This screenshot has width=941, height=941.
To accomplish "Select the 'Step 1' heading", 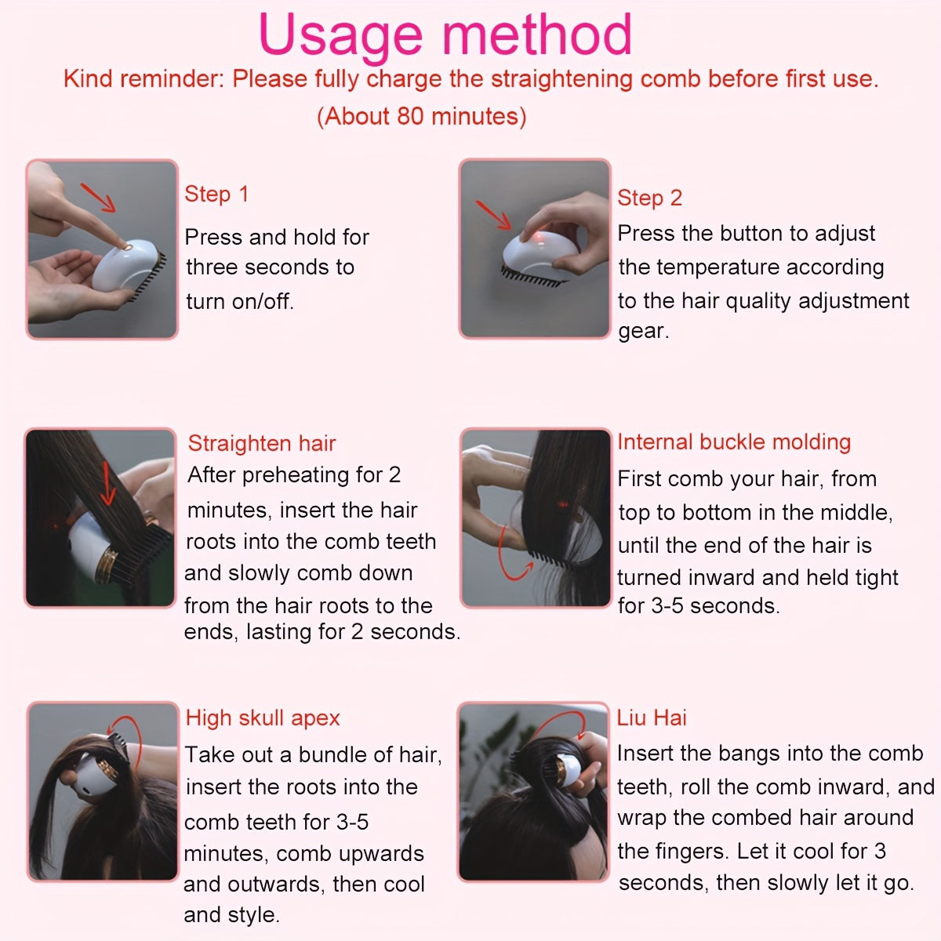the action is pos(216,194).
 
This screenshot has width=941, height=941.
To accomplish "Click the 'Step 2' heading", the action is pos(649,198).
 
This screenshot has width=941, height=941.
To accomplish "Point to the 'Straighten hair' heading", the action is pos(262,443).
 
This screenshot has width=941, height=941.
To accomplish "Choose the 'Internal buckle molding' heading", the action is pos(734,442).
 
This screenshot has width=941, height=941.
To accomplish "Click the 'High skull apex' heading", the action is pos(263,718).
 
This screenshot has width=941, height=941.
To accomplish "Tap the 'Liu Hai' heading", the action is pos(652,718).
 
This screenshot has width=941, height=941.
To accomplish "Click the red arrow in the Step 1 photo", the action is pos(98,198).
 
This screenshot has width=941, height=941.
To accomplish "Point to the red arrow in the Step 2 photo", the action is pos(493,215).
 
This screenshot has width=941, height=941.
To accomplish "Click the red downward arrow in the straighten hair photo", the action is pos(107,484).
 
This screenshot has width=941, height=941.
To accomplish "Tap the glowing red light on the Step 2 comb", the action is pos(539,238).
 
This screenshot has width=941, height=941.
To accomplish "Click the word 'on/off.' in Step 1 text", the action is pos(263,302).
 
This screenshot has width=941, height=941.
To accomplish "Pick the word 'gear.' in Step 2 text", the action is pos(644,332).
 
